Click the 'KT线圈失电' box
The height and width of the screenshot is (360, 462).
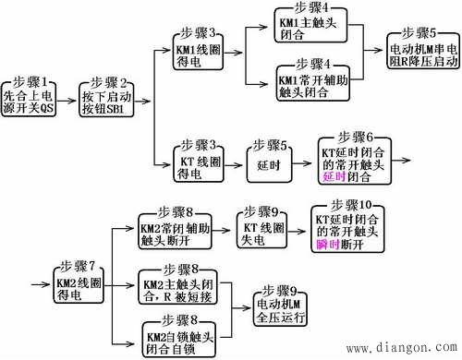(261, 230)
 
